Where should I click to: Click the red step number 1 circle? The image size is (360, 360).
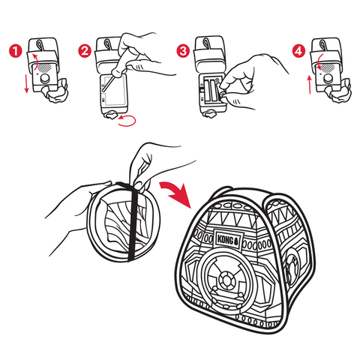pos(16,51)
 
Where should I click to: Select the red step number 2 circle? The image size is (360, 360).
pos(85,51)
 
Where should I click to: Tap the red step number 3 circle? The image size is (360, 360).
pos(183,51)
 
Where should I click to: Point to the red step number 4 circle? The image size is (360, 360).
pos(298,51)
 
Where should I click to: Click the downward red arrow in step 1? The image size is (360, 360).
pos(26,83)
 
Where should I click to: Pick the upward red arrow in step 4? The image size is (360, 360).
pos(310,85)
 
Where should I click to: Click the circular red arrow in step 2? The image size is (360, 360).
pos(127,120)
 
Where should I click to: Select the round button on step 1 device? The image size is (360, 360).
pos(45,79)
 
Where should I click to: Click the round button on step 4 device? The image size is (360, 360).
pos(328,79)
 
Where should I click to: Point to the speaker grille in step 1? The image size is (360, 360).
pos(45,67)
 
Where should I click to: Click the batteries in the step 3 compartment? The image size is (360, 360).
pos(211,91)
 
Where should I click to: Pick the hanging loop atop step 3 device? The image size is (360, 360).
pos(206,43)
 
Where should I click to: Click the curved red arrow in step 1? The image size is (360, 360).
pos(36,61)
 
